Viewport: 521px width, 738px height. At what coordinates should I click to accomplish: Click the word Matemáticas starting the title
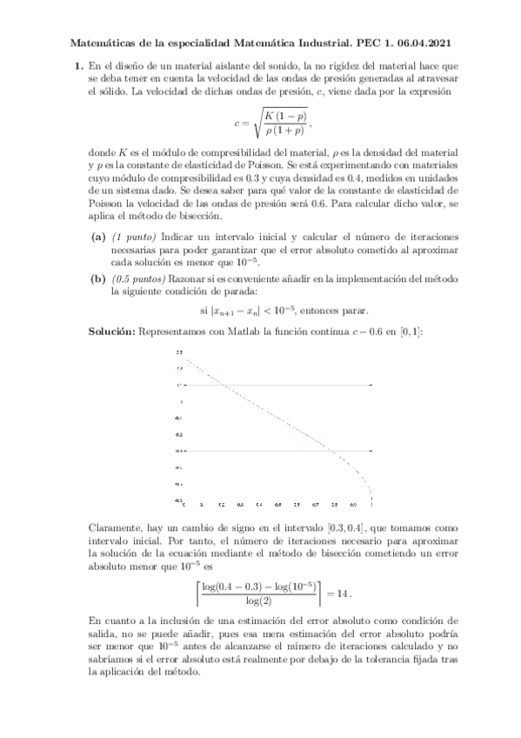coord(97,41)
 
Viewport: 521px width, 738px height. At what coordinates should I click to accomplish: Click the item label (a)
coord(98,237)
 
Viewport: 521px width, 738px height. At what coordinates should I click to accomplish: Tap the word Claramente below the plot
coord(119,527)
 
